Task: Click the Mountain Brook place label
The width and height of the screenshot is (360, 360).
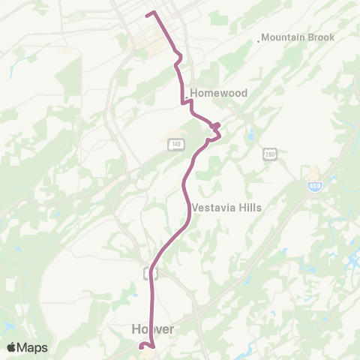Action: point(298,37)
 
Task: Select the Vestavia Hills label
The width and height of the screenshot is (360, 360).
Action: point(226,207)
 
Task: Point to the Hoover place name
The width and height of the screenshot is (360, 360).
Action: point(153,329)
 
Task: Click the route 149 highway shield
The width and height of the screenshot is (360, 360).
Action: point(176,144)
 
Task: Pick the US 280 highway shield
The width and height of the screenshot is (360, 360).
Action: point(271,154)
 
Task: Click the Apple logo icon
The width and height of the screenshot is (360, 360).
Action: point(12,347)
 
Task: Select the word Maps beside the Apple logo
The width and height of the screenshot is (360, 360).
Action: point(33,347)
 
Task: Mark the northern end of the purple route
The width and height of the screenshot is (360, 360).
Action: point(146,13)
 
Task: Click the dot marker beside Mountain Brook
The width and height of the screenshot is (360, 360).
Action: point(259,40)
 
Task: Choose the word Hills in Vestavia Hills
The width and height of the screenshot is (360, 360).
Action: point(248,207)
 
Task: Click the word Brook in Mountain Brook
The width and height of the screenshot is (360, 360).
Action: point(321,37)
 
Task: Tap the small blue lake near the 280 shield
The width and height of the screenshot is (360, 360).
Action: point(250,137)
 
